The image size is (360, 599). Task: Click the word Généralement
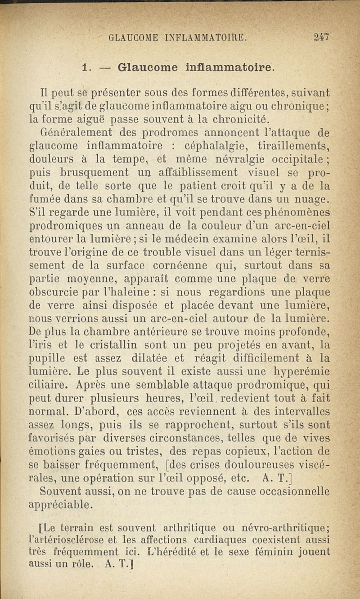tap(71, 133)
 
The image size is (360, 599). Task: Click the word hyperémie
tap(297, 371)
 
